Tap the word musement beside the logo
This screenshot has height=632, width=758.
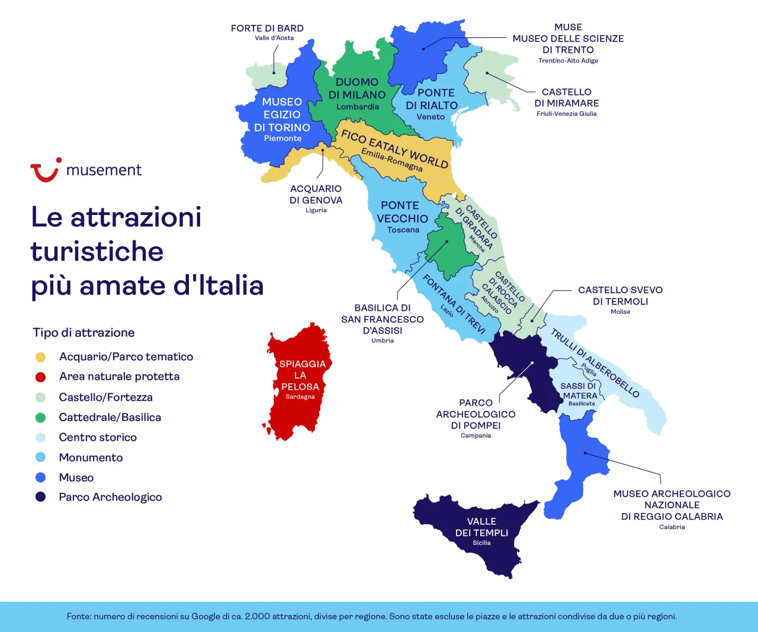coord(104,171)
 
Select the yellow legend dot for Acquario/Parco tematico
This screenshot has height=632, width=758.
coord(40,357)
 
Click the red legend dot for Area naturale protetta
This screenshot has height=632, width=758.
coord(40,377)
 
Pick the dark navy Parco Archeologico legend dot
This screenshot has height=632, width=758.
coord(40,497)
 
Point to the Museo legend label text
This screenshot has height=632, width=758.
coord(76,477)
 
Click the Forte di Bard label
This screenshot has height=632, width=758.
coord(267,28)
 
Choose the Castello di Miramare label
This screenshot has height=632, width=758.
coord(567,98)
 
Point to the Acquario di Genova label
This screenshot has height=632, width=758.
coord(316,194)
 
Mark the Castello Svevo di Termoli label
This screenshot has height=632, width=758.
coord(620,296)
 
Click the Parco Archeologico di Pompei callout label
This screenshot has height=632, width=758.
coord(476,414)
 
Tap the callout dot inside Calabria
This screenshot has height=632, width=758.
coord(585,453)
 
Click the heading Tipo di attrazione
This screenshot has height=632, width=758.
coord(84,333)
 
